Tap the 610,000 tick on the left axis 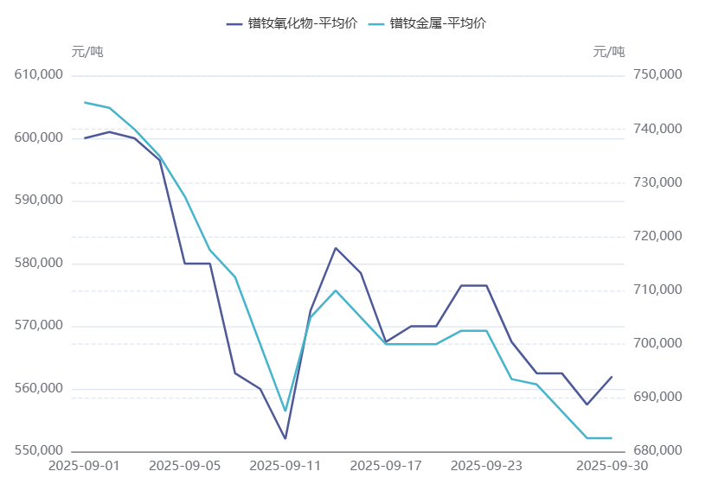click(x=41, y=75)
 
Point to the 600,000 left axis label click(x=41, y=137)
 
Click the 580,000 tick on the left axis click(x=41, y=263)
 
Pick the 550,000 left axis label click(x=41, y=451)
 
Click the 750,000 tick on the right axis click(x=658, y=75)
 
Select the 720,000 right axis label click(x=658, y=236)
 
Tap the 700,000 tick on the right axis click(x=658, y=343)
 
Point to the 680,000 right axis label click(x=658, y=451)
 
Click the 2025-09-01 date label click(x=85, y=466)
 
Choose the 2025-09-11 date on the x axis click(x=285, y=466)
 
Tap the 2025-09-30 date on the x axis click(x=612, y=466)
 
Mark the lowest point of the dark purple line click(x=285, y=439)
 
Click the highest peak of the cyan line click(x=85, y=102)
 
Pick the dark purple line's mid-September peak click(x=336, y=248)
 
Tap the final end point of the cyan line click(x=612, y=438)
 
